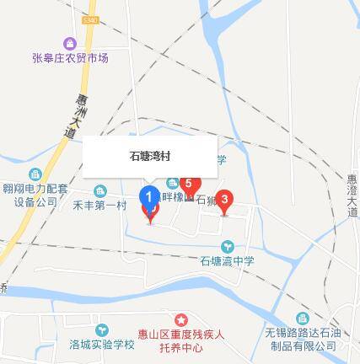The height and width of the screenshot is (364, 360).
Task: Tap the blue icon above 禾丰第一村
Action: point(99,190)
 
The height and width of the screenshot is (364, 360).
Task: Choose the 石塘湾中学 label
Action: point(227,261)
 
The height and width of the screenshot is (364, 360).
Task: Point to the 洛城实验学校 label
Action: point(101,345)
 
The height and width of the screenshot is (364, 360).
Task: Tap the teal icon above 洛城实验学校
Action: point(101,329)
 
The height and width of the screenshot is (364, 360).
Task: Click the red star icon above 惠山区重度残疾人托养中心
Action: point(181,319)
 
